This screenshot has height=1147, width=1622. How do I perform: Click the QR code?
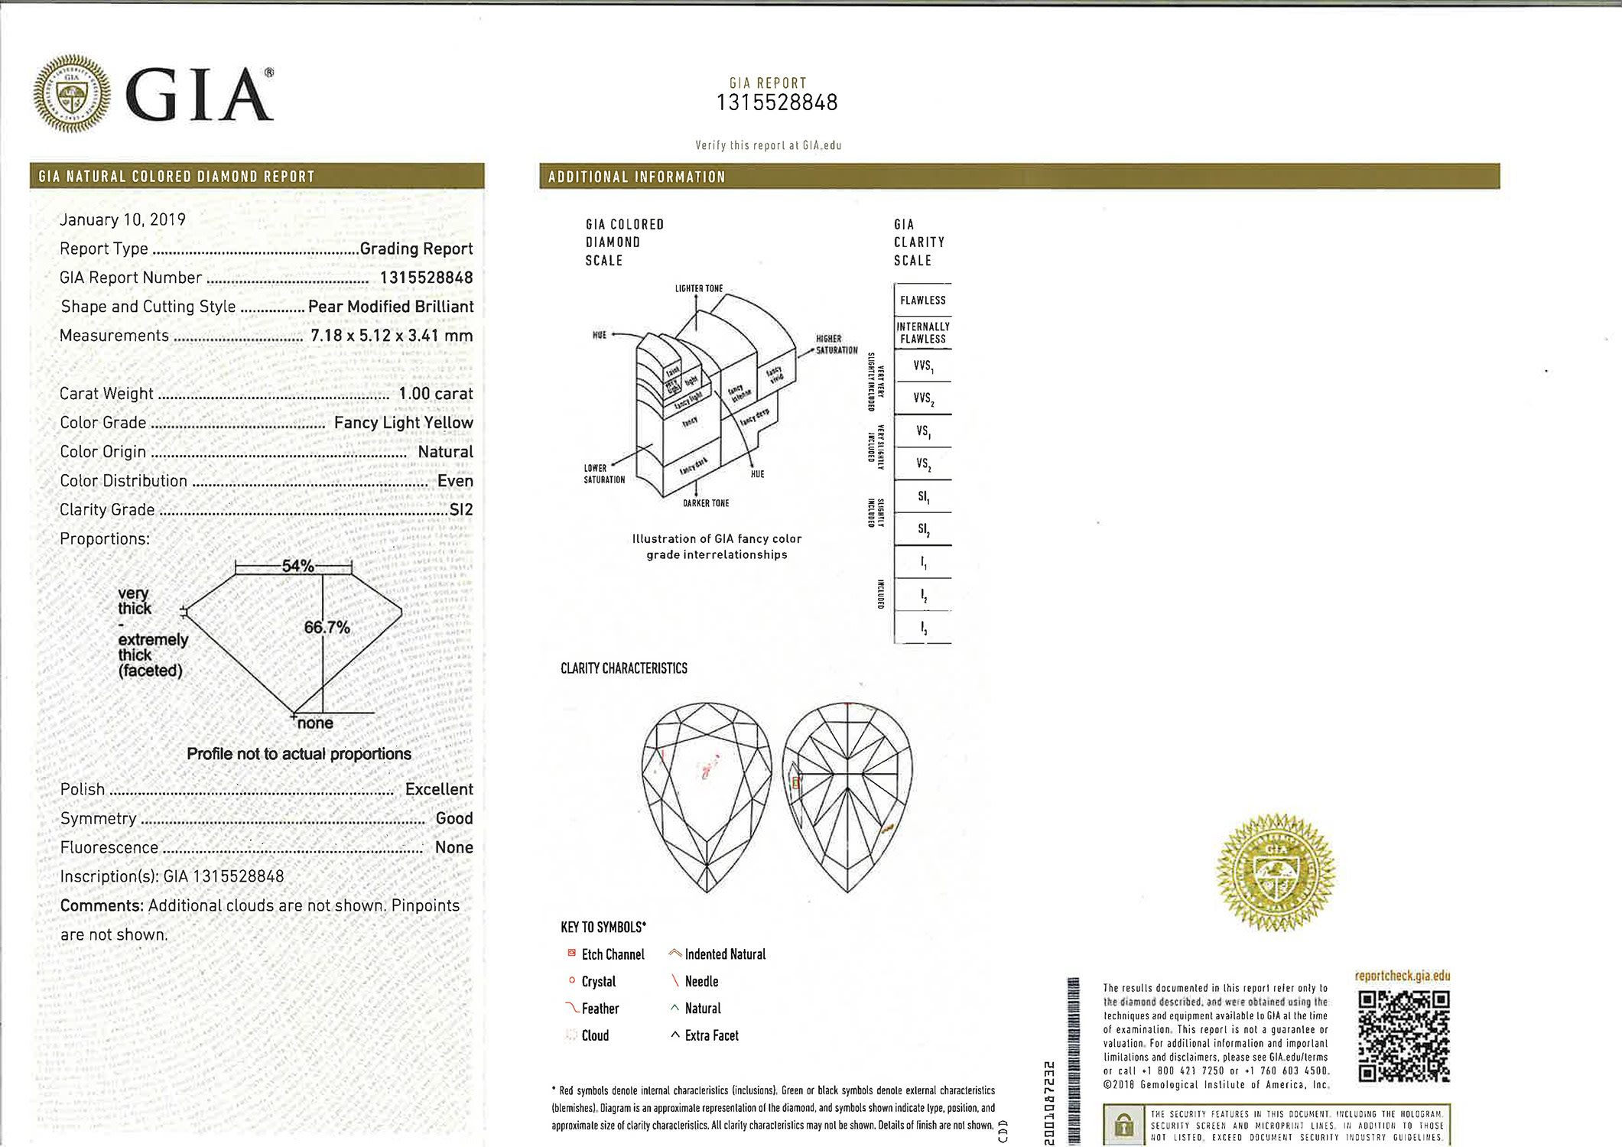coord(1403,1036)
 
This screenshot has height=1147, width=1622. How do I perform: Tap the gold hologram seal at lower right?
coord(1276,872)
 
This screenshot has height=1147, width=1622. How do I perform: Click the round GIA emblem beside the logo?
coord(72,93)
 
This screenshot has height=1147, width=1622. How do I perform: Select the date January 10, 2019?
coord(122,219)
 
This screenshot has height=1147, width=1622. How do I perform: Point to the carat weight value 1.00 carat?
coord(435,394)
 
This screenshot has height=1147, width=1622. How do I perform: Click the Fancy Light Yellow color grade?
coord(403,423)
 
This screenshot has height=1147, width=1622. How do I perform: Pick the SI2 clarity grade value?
coord(461,510)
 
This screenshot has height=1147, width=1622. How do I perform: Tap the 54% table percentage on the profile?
coord(297,566)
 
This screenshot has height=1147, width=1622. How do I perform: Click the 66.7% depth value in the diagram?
coord(327,628)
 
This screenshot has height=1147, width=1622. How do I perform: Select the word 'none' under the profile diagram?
coord(315,723)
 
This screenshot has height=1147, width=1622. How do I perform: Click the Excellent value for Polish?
coord(439,789)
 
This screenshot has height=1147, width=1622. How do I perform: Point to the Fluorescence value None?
coord(453,847)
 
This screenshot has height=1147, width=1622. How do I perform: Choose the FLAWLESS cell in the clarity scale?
coord(922,301)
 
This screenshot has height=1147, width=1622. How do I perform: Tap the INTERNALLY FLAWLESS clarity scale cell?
coord(922,333)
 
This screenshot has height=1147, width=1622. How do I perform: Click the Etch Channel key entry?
coord(612,954)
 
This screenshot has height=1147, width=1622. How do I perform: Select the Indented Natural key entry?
coord(723,954)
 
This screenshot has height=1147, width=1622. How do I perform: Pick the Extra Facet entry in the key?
coord(710,1035)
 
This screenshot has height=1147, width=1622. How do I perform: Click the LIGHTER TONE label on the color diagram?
coord(698,289)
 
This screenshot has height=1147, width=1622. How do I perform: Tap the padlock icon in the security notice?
coord(1123,1125)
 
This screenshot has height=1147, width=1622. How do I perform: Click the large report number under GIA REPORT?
coord(776,102)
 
